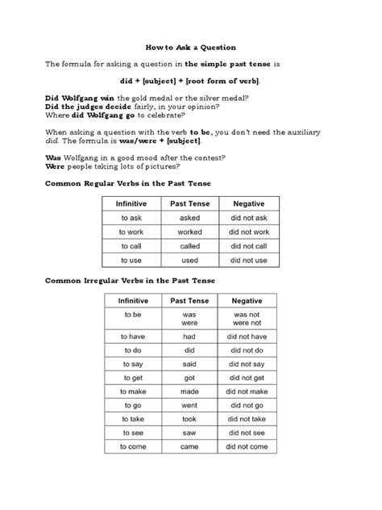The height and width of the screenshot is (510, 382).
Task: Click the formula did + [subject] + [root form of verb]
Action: point(190,82)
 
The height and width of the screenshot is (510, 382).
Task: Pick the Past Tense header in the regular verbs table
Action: point(189,204)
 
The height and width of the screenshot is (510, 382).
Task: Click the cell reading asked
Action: point(189,218)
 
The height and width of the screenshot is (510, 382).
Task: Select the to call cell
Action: point(132,246)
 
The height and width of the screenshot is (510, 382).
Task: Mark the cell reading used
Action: point(189,261)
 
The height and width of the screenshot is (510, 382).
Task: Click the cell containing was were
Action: point(189,318)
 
